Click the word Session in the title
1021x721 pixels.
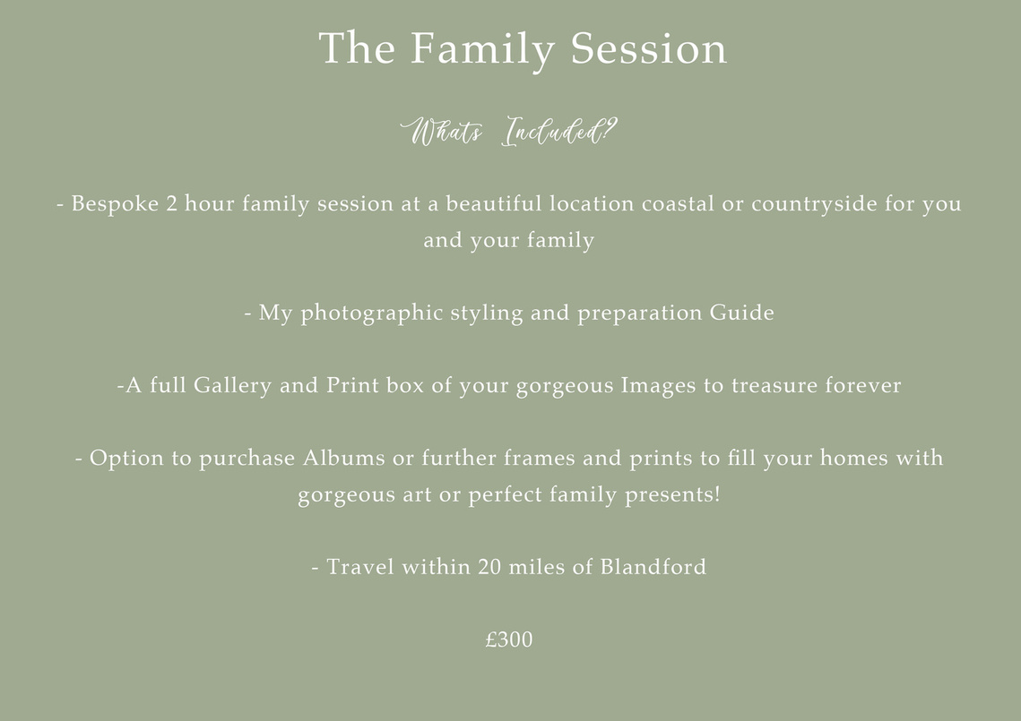[648, 48]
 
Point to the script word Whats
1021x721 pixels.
[442, 132]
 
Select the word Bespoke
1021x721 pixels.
[115, 204]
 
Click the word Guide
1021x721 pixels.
[741, 313]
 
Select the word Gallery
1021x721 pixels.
[232, 386]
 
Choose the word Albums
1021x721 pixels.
[344, 458]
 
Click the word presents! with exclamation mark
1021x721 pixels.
[672, 495]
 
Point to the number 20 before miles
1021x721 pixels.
[489, 567]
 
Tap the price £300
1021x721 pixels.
[509, 639]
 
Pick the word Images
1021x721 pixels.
[658, 386]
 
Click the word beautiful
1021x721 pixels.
[494, 203]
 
